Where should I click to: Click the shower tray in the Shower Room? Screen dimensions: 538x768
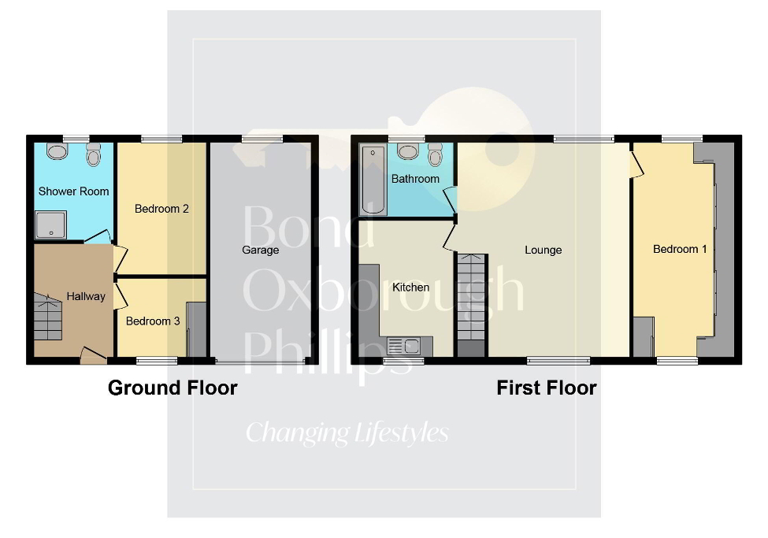coord(51,224)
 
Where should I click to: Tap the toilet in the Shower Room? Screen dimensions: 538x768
coord(94,156)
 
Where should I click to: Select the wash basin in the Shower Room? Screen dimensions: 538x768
coord(58,151)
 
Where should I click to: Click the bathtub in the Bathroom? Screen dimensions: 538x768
coord(373,180)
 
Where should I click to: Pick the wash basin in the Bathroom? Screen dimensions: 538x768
coord(407,151)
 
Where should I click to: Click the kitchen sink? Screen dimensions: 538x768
coord(404,345)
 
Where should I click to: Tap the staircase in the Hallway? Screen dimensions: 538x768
coord(47,317)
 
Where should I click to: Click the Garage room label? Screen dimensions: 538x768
coord(260,250)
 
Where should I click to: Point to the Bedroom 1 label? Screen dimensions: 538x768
coord(680,249)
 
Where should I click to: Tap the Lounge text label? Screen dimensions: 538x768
coord(544,250)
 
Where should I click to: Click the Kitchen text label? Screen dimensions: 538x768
coord(410,287)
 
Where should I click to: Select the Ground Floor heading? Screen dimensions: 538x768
coord(173,388)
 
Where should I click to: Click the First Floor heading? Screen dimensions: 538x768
coord(546,388)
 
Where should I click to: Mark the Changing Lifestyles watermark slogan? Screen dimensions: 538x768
coord(347,432)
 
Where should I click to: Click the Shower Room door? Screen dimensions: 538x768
coord(98,237)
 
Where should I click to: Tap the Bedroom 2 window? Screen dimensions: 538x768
coord(161,139)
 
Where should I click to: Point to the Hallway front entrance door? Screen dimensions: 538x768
coord(93,355)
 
